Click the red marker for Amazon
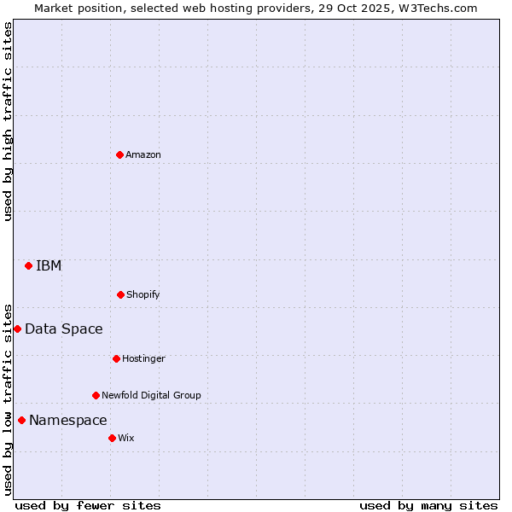[x=119, y=154]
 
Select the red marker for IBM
[x=28, y=265]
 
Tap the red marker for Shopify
[x=120, y=294]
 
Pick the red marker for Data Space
[x=17, y=329]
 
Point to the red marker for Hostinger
[x=116, y=358]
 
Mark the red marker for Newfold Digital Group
[x=96, y=395]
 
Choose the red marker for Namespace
[x=21, y=420]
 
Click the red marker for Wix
[x=112, y=438]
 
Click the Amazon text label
[x=143, y=154]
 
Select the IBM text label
[x=49, y=265]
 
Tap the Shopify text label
[x=143, y=294]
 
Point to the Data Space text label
[x=64, y=329]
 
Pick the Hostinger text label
[x=143, y=358]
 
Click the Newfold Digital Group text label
[x=151, y=395]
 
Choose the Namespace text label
[x=68, y=420]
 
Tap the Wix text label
[x=126, y=438]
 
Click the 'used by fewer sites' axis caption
[x=88, y=505]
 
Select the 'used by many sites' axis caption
[x=428, y=505]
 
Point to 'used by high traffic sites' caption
[x=9, y=121]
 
